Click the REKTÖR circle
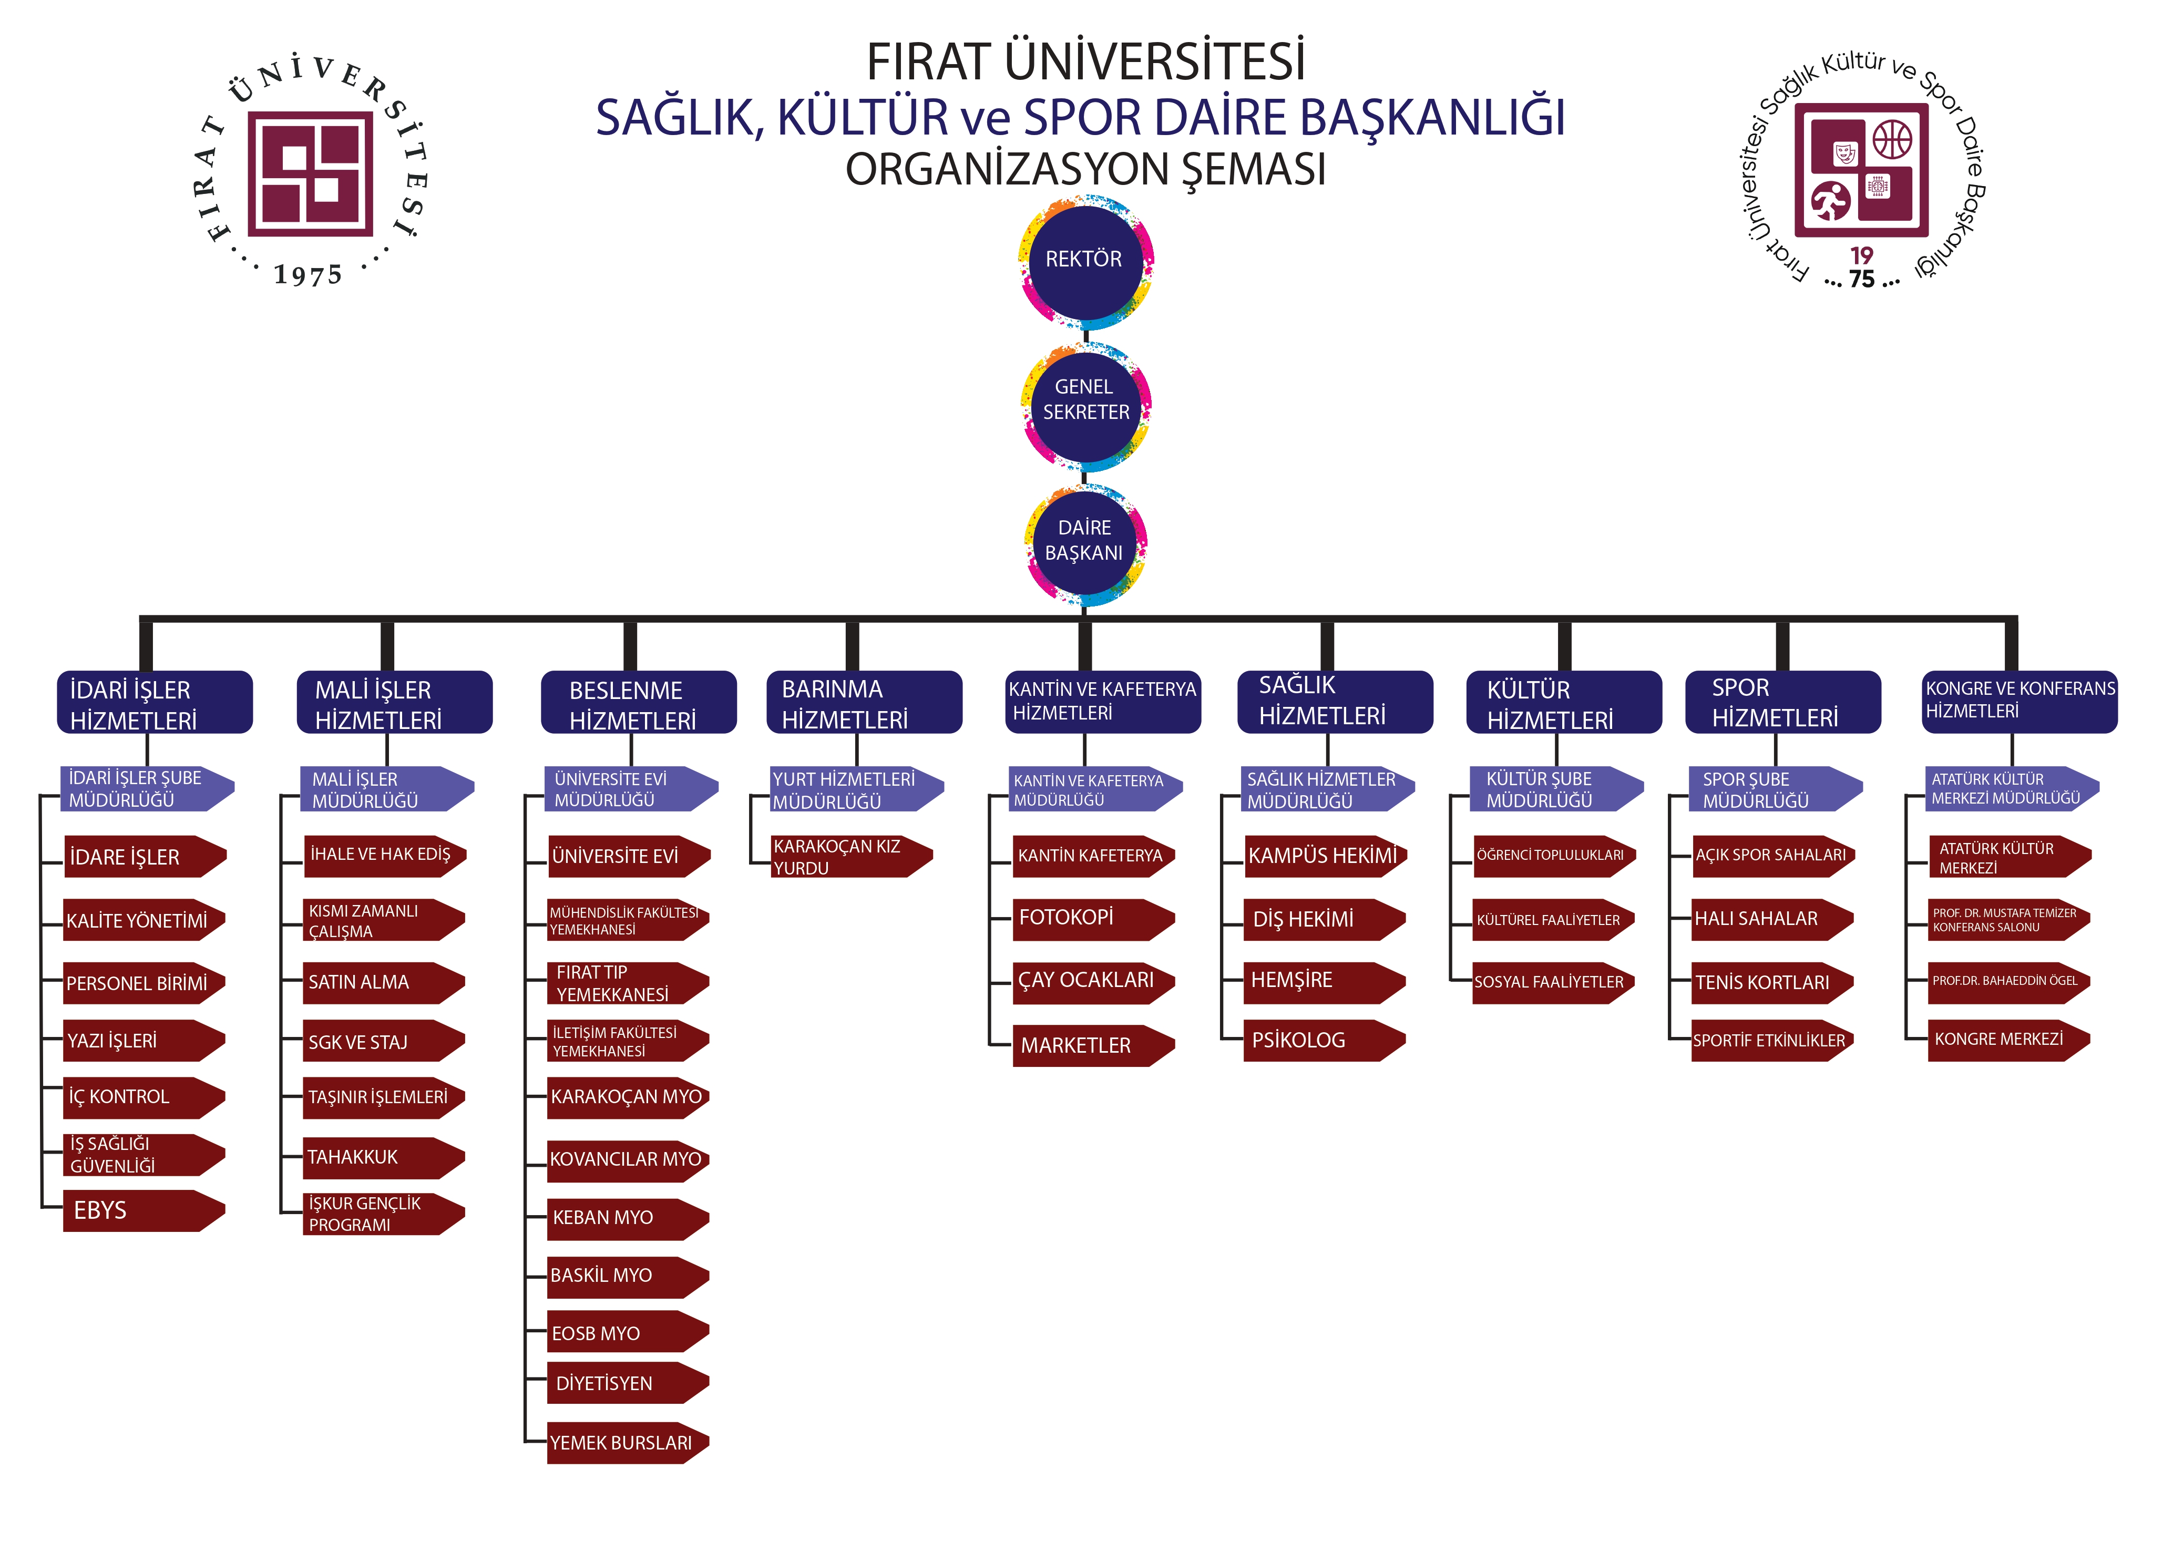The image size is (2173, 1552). point(1084,260)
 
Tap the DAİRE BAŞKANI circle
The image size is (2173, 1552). point(1084,541)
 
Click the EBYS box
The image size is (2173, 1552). point(141,1211)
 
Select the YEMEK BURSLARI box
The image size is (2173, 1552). point(626,1443)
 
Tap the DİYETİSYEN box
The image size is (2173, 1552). point(626,1384)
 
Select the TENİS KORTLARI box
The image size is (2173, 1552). point(1771,982)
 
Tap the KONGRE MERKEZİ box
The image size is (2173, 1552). point(2007,1040)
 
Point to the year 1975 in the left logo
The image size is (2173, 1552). point(307,275)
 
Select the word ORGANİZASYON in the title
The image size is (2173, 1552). point(1008,170)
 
